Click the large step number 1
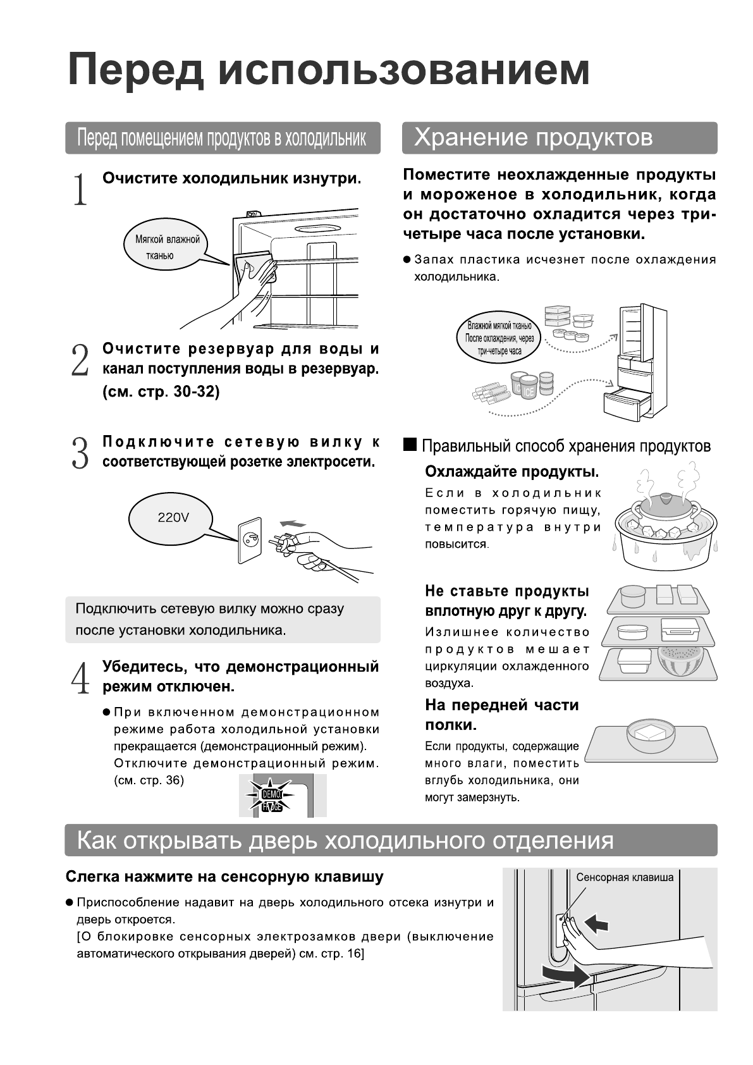[80, 189]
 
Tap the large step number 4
[80, 678]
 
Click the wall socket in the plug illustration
[249, 541]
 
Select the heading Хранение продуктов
[533, 137]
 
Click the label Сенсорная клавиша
[625, 877]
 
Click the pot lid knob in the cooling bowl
[659, 498]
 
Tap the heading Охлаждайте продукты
[511, 472]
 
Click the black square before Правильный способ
[410, 445]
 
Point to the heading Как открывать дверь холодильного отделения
[345, 840]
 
